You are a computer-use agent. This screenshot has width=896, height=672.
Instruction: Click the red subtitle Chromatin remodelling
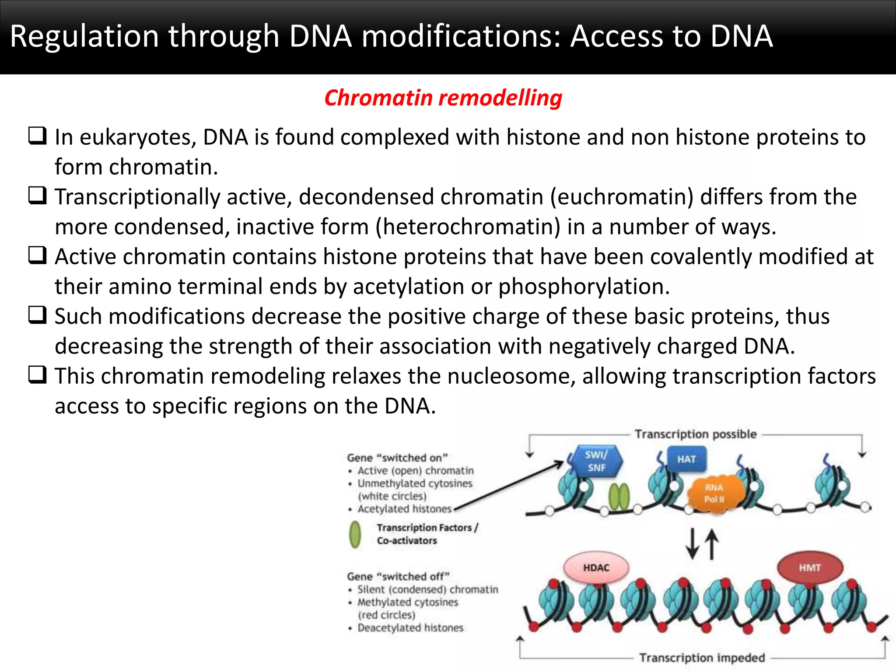tap(443, 98)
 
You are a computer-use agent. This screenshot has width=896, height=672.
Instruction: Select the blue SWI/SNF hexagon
tap(596, 461)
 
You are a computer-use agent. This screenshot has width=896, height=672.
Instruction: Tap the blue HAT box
tap(686, 459)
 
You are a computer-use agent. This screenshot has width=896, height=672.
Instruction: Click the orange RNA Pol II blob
tap(714, 493)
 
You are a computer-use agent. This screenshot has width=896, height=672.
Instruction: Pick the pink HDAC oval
tap(596, 567)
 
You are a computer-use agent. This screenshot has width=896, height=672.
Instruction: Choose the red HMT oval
tap(809, 567)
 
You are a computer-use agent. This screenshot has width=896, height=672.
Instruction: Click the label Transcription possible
tap(695, 434)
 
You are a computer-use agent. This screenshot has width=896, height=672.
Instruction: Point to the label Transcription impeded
tap(702, 658)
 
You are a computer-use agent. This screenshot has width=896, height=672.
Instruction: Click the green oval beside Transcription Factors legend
tap(355, 534)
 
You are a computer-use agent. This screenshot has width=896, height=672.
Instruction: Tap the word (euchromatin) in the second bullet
tap(622, 197)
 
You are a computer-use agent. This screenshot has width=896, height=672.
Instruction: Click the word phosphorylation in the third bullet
tap(584, 287)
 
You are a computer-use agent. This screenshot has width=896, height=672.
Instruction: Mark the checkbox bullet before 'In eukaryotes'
tap(38, 136)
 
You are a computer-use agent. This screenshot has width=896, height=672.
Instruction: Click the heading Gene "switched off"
tap(398, 576)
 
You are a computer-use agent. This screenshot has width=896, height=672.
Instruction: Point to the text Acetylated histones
tap(404, 509)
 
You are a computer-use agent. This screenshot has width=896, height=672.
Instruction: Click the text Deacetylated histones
tap(410, 627)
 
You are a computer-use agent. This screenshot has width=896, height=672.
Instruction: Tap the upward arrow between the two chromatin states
tap(712, 544)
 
